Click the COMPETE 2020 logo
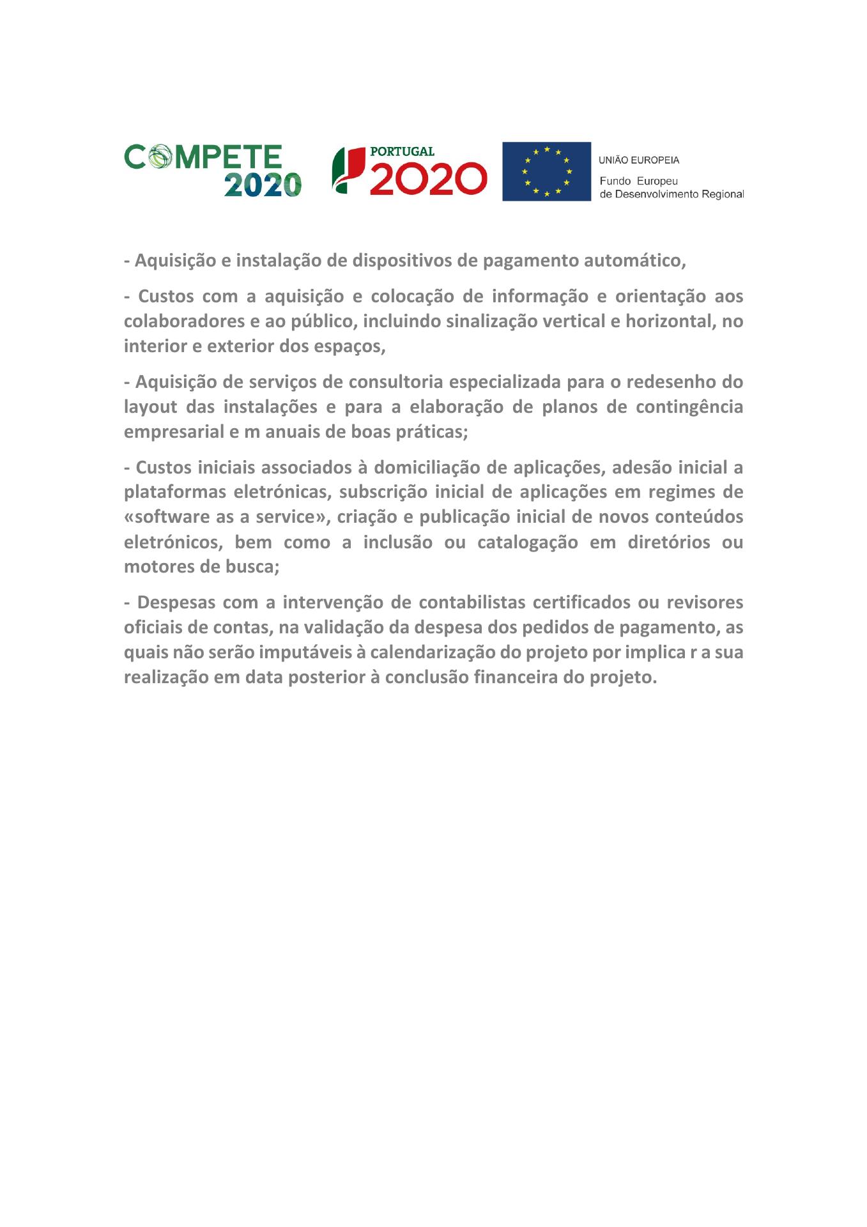(212, 170)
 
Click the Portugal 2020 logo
(409, 171)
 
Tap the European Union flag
(546, 171)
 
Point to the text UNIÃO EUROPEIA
(639, 160)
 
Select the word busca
(255, 567)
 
